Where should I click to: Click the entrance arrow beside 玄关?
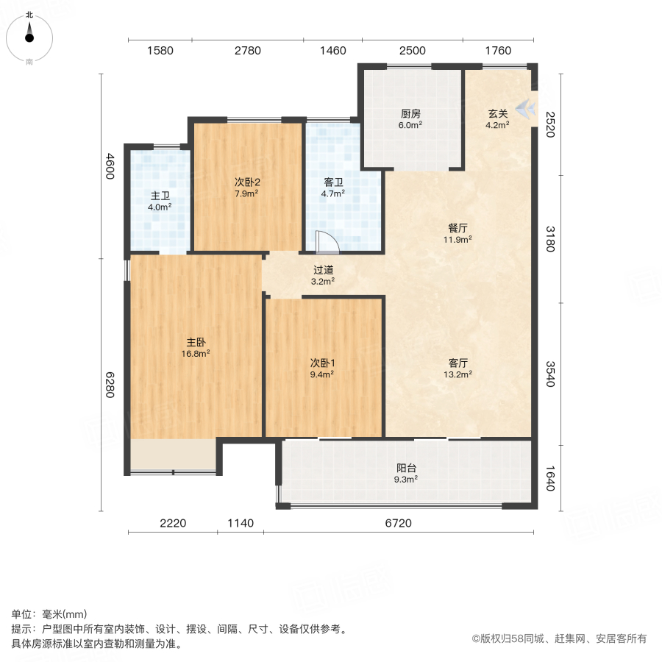pos(525,110)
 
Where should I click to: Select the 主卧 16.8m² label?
pos(196,347)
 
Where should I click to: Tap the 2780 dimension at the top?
pos(248,51)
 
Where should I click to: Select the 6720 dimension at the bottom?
pos(398,524)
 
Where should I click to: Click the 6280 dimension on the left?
pos(110,384)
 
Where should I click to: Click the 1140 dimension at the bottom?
pos(240,524)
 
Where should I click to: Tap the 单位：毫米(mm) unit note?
pos(49,614)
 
